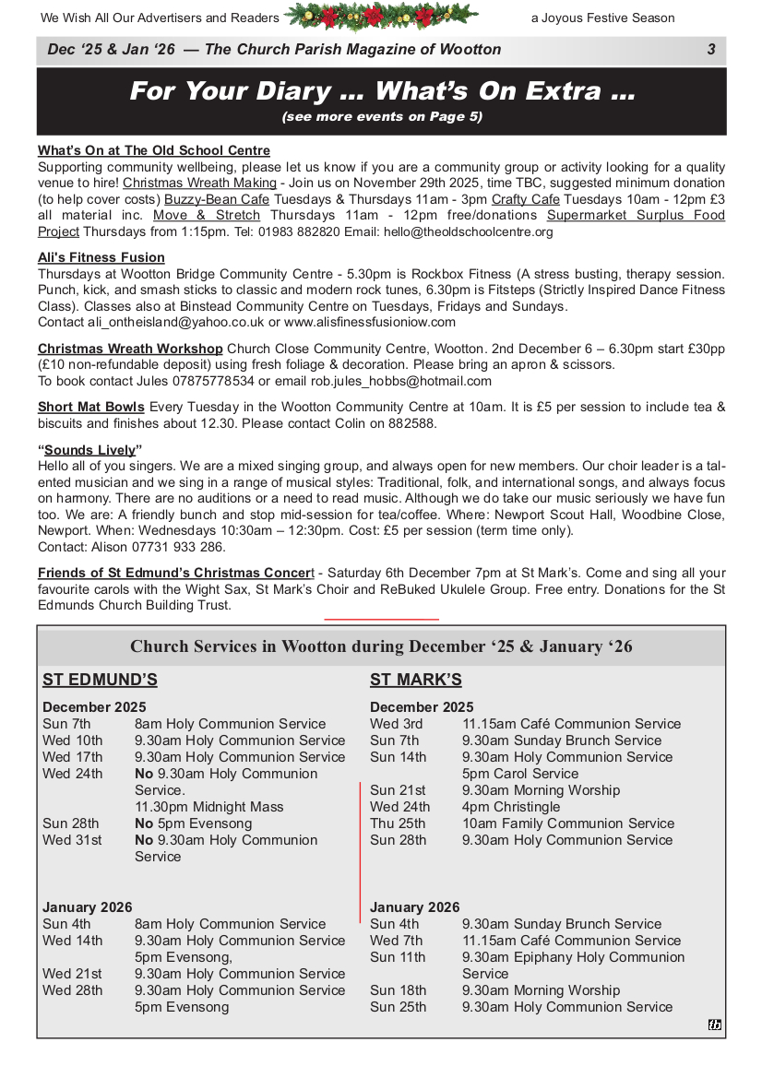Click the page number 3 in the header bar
pyautogui.click(x=711, y=50)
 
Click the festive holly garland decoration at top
pyautogui.click(x=381, y=17)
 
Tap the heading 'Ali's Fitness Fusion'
pyautogui.click(x=101, y=257)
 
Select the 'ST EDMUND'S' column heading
pyautogui.click(x=100, y=681)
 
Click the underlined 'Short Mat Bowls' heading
pyautogui.click(x=91, y=407)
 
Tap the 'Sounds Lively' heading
pyautogui.click(x=90, y=450)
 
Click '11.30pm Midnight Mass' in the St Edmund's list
pyautogui.click(x=209, y=807)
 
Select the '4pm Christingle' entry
pyautogui.click(x=511, y=807)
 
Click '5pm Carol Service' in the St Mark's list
pyautogui.click(x=520, y=774)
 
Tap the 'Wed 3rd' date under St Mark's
pyautogui.click(x=397, y=724)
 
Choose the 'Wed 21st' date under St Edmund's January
pyautogui.click(x=72, y=974)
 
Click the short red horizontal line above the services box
pyautogui.click(x=382, y=619)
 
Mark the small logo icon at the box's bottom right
pyautogui.click(x=715, y=1025)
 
